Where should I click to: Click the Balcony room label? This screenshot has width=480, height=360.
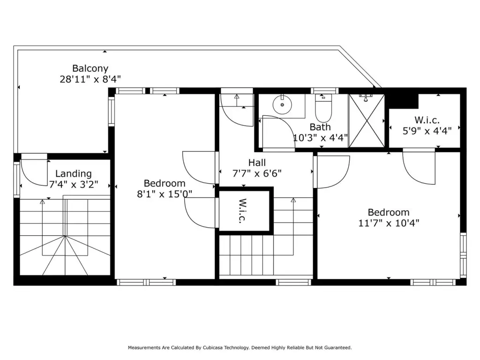[x=90, y=68]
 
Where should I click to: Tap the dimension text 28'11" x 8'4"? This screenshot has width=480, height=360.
[x=90, y=79]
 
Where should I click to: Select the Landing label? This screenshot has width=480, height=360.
[x=74, y=174]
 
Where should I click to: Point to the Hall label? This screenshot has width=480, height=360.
[x=257, y=163]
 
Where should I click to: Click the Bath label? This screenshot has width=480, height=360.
[x=320, y=127]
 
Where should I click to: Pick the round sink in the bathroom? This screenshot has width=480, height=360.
[x=282, y=105]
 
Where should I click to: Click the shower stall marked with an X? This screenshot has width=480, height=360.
[x=367, y=120]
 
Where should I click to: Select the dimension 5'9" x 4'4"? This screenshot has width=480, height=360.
[x=427, y=131]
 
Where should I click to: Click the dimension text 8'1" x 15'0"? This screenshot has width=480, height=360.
[x=165, y=194]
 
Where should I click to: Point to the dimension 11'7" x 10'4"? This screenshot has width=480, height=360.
[x=389, y=223]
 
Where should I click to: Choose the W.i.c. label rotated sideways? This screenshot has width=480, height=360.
[x=243, y=210]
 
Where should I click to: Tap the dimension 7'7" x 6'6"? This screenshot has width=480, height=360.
[x=257, y=173]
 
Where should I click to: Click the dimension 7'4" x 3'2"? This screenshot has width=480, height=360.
[x=74, y=185]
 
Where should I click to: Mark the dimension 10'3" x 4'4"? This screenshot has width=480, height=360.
[x=321, y=138]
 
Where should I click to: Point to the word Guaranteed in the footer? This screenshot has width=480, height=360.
[x=338, y=348]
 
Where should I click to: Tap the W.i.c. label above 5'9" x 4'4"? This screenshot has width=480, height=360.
[x=427, y=120]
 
